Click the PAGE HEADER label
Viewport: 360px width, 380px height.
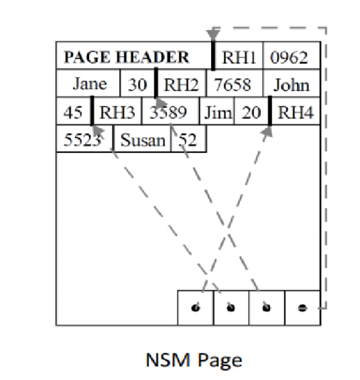click(126, 57)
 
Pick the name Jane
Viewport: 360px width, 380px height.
click(90, 84)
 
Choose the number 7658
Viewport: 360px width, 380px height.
click(232, 85)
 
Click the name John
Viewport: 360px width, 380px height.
click(292, 85)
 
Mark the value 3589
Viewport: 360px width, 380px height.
click(168, 113)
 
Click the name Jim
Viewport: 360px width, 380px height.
click(218, 113)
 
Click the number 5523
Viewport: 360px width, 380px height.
click(82, 140)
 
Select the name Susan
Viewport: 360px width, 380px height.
click(143, 140)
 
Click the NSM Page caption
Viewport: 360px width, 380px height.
click(194, 360)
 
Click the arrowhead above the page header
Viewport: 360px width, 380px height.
click(213, 36)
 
